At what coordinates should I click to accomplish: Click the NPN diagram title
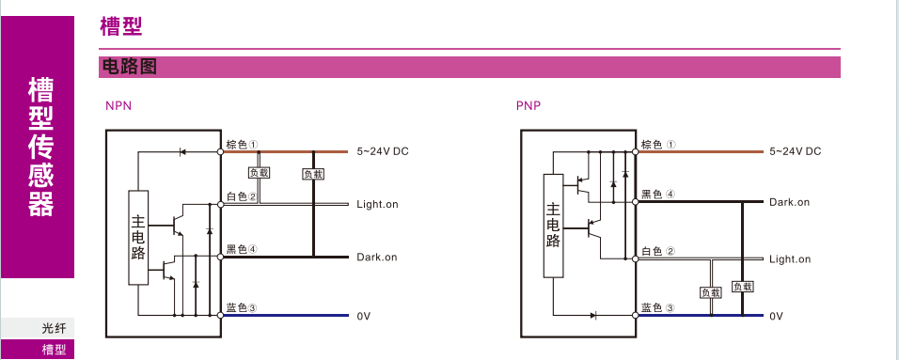point(118,105)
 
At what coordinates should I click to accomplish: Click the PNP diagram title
point(528,105)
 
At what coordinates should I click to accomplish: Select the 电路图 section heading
point(129,67)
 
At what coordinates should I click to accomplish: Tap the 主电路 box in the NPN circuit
point(138,237)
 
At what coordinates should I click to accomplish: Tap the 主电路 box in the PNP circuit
point(553,226)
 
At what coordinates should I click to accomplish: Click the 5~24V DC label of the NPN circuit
point(383,152)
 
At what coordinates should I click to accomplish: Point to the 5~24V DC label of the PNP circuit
point(796,151)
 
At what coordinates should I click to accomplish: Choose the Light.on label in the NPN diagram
point(377,204)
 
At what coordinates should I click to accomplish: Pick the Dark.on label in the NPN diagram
point(377,257)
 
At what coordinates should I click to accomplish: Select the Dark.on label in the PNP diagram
point(790,202)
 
